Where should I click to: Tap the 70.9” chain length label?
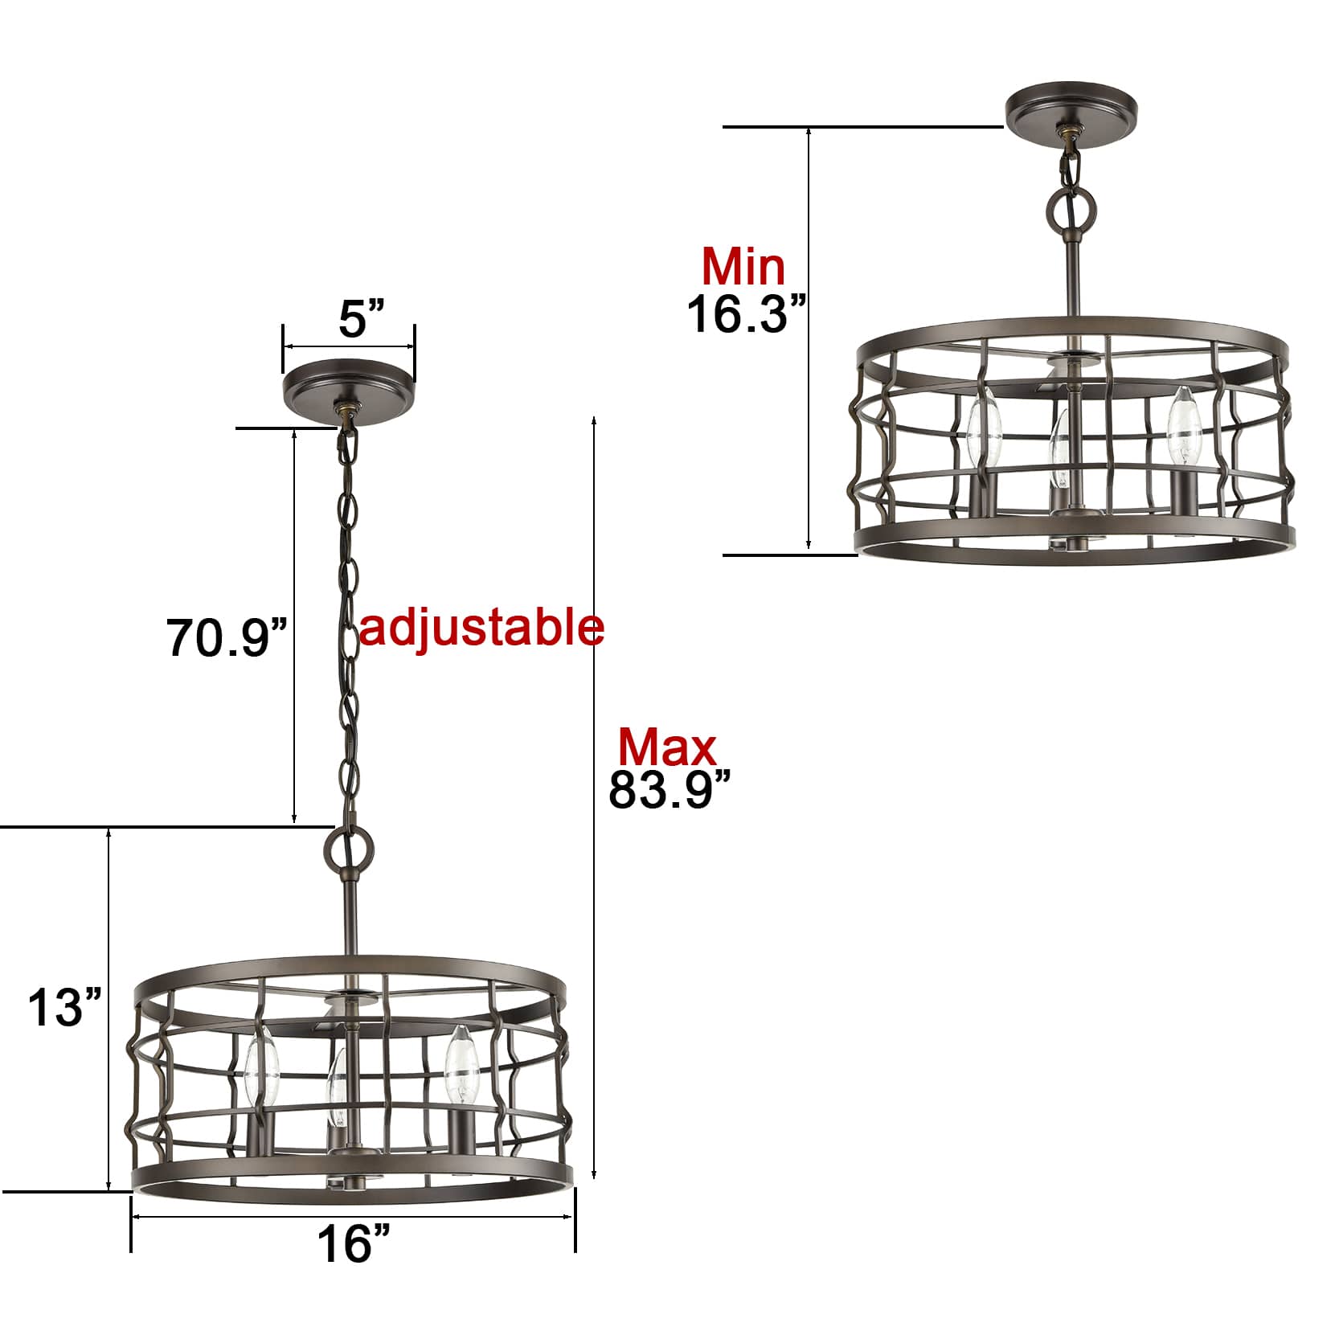[x=227, y=637]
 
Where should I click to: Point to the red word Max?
[x=666, y=747]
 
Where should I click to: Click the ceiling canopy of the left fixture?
[x=349, y=387]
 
